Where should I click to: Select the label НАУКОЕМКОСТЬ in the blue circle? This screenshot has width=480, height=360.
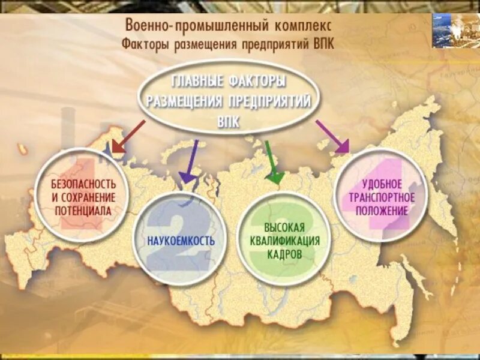pos(180,241)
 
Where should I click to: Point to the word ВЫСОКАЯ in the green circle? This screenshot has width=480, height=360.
pos(284,227)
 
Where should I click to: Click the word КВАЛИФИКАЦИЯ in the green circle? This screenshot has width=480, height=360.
pos(284,241)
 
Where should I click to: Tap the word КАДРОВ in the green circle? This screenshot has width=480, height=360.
pos(284,254)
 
